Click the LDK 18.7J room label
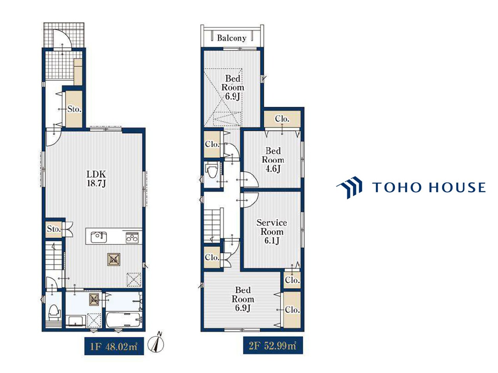(96, 179)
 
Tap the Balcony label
(231, 38)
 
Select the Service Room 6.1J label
(272, 232)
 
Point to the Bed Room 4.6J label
(273, 160)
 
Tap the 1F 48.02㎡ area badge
(114, 347)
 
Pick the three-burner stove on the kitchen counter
(132, 237)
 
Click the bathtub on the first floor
(124, 319)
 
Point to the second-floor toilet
(211, 171)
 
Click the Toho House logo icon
(349, 187)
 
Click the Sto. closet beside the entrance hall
(74, 109)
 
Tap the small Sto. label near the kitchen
(54, 229)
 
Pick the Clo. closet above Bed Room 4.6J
(282, 119)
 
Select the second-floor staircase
(212, 226)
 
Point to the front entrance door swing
(62, 38)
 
